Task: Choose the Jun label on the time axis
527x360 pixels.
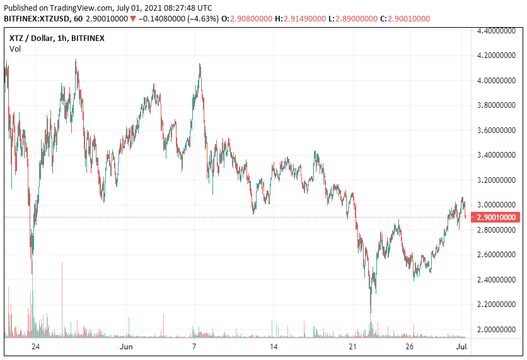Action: click(126, 347)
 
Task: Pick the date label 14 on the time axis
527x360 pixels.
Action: click(274, 347)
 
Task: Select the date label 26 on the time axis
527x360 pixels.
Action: click(409, 347)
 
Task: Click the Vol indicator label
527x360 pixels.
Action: click(15, 49)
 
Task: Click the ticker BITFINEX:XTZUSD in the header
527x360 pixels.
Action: click(37, 18)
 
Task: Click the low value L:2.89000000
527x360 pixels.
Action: click(362, 18)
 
